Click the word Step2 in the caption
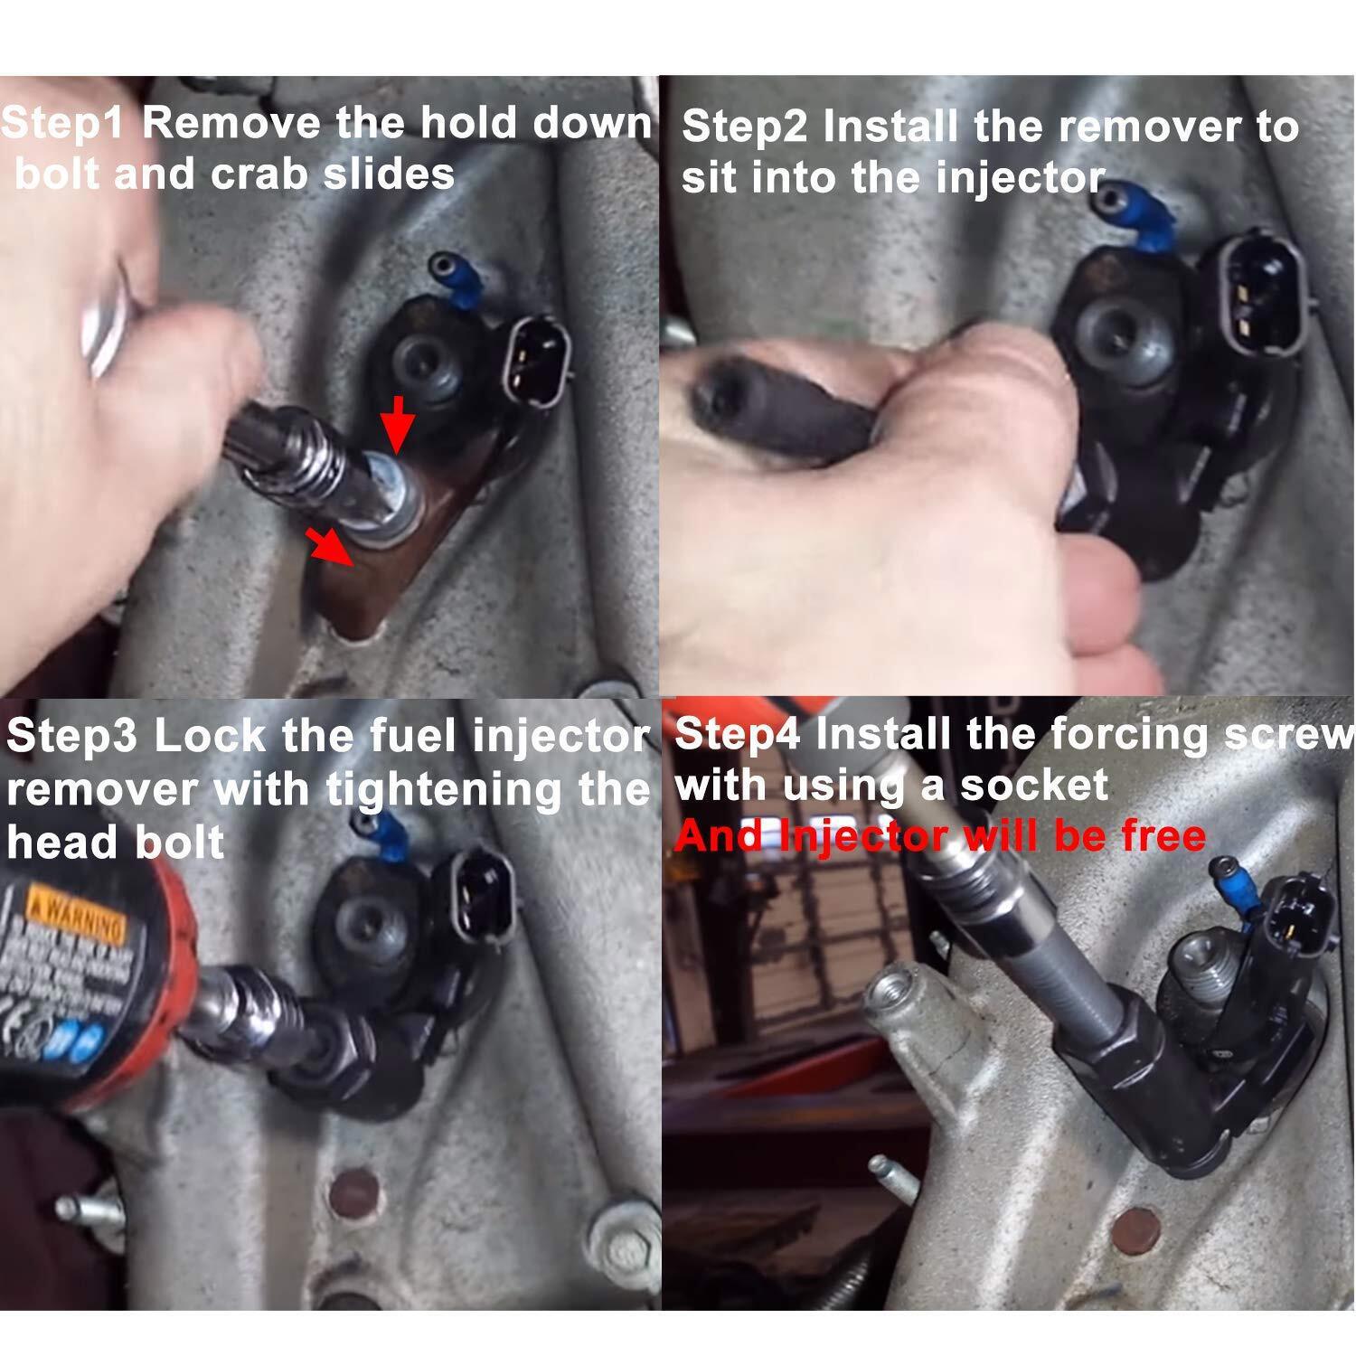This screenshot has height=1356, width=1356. (745, 127)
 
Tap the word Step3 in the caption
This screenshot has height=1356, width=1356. (72, 737)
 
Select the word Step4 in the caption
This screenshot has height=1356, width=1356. (738, 734)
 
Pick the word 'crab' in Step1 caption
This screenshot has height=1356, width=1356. (259, 174)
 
